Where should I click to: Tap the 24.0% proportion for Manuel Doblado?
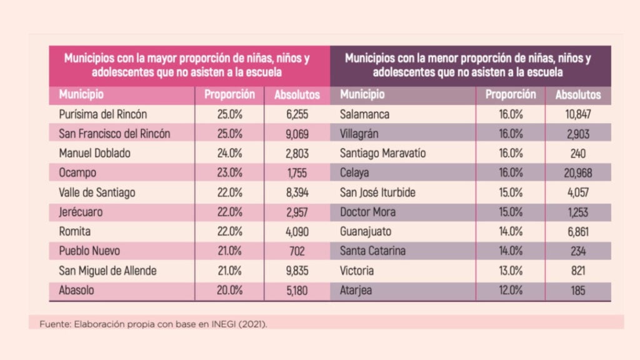click(x=229, y=153)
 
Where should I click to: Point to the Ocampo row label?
click(x=76, y=172)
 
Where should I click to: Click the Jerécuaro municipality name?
click(x=81, y=212)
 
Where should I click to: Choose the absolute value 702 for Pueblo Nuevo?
click(x=297, y=251)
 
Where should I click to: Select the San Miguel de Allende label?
click(x=107, y=271)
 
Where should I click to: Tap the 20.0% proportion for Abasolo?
click(x=229, y=290)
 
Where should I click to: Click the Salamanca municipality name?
click(x=365, y=114)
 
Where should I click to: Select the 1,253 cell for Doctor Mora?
click(x=577, y=212)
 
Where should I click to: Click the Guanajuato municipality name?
click(x=366, y=231)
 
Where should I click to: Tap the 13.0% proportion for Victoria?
click(x=511, y=271)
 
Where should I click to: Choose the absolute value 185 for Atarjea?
click(x=577, y=290)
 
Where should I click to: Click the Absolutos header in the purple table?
click(x=578, y=95)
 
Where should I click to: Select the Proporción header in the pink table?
click(x=229, y=95)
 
